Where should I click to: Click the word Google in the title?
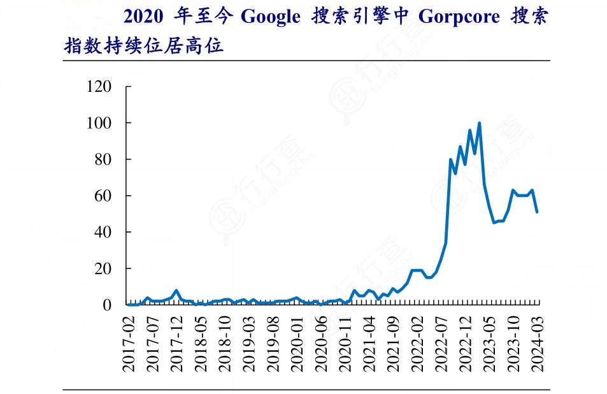point(269,17)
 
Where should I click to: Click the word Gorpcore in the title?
point(459,17)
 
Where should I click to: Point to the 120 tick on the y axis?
point(100,86)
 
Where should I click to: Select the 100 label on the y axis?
point(100,122)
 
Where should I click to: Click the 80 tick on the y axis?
point(104,159)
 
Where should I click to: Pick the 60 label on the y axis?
point(104,196)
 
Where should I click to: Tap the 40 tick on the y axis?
point(104,232)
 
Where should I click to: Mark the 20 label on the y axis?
point(104,269)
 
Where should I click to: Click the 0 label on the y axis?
point(108,305)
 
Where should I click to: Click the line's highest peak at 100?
point(479,123)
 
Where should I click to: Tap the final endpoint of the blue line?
point(537,212)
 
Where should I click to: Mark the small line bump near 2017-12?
point(176,291)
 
